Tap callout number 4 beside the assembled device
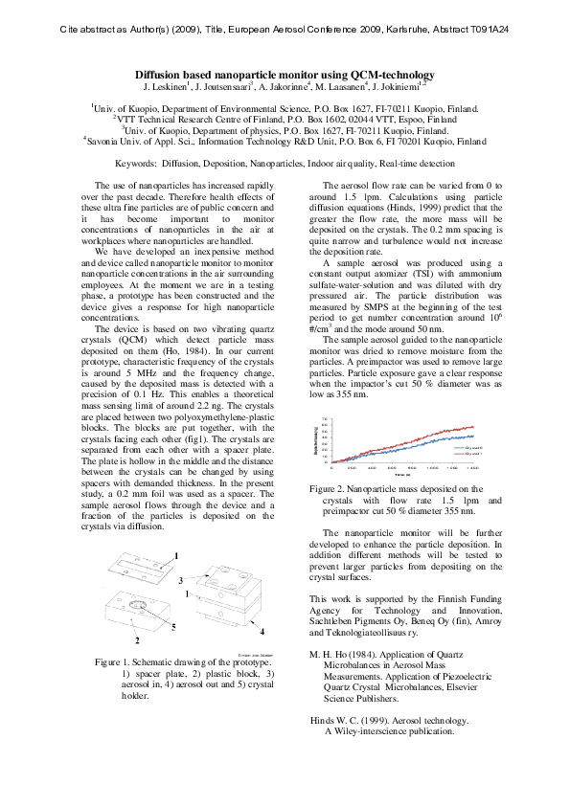pos(262,632)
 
